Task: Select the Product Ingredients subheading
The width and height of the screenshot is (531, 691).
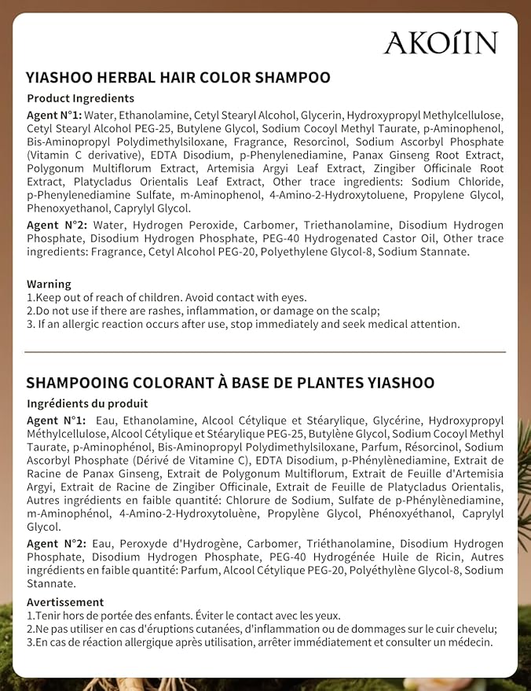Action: click(81, 98)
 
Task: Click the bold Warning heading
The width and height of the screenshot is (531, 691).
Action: click(49, 284)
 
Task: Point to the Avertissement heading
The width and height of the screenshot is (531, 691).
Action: click(65, 602)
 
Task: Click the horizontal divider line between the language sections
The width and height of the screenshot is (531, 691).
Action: click(265, 351)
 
